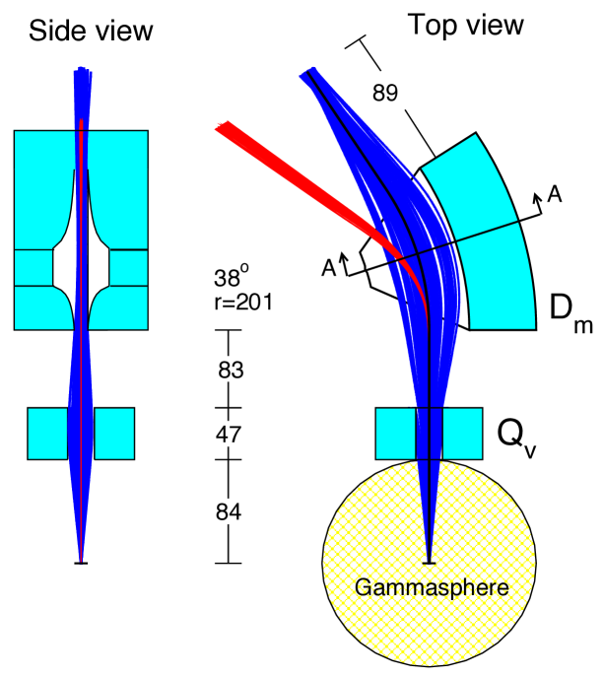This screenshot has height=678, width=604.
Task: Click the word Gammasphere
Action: (432, 588)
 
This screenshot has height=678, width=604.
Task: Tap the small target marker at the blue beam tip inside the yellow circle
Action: (429, 563)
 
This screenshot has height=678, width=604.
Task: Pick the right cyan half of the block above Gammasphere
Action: (462, 434)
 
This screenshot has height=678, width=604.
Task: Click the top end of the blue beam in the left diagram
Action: (82, 73)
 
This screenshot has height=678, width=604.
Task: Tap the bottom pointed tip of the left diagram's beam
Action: (81, 560)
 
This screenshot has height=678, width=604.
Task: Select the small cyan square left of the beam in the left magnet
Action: (33, 267)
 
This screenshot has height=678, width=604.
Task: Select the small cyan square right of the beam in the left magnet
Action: (129, 267)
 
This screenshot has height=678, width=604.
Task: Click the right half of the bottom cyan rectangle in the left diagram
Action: (113, 434)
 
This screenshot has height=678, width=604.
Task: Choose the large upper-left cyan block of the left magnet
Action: (39, 187)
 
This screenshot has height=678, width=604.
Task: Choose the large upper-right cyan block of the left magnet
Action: (120, 187)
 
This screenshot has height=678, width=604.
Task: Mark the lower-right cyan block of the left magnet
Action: (122, 308)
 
